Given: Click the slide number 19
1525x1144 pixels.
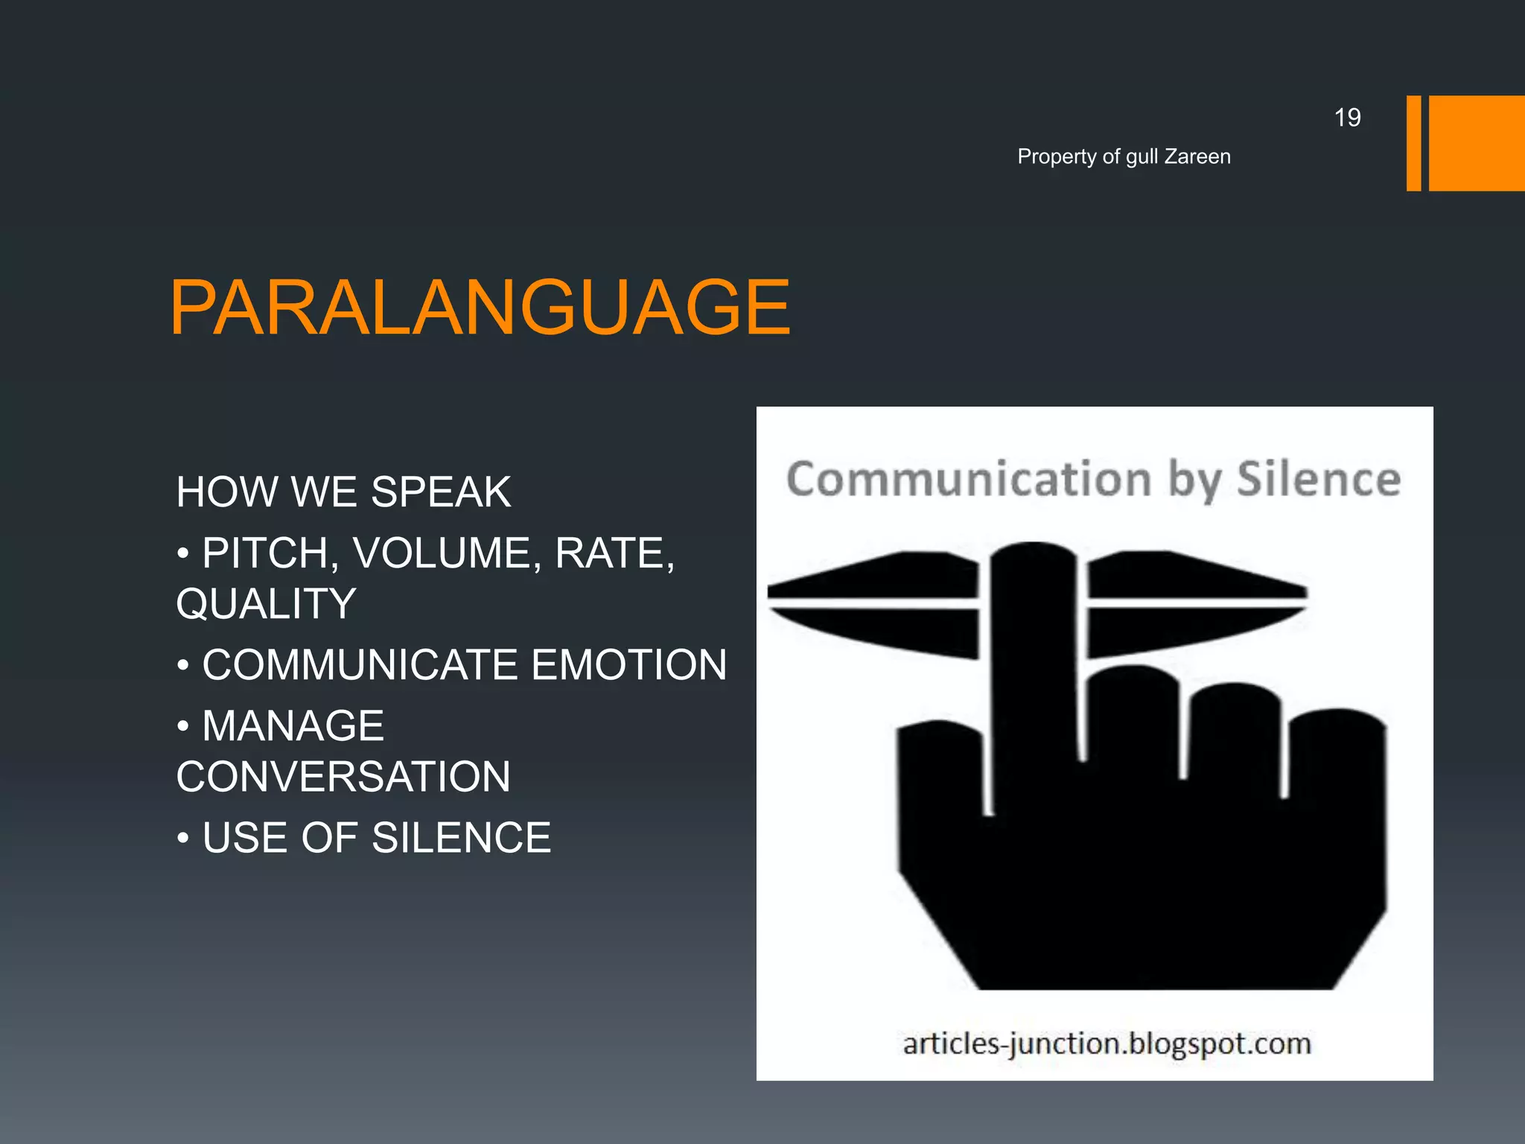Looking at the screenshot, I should [x=1347, y=118].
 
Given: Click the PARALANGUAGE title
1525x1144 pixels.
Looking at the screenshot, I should [x=480, y=308].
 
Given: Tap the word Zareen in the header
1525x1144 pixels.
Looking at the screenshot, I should [x=1197, y=156].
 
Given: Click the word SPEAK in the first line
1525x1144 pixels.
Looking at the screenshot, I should [x=441, y=492].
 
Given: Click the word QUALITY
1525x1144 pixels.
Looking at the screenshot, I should [x=266, y=603].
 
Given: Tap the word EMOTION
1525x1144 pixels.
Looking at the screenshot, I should [x=629, y=665].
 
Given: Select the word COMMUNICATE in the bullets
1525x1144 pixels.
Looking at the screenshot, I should [x=360, y=665].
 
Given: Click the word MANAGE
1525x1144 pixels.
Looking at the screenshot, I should [x=293, y=726].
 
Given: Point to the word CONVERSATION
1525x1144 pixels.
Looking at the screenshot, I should [x=343, y=777].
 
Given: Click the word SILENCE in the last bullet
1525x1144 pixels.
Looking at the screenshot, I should [x=461, y=838].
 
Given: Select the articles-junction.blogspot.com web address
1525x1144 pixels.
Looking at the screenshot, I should [x=1107, y=1043].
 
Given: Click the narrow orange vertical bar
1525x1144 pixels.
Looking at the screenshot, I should [x=1413, y=143].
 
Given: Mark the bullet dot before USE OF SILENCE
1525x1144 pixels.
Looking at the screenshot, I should [x=183, y=839].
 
